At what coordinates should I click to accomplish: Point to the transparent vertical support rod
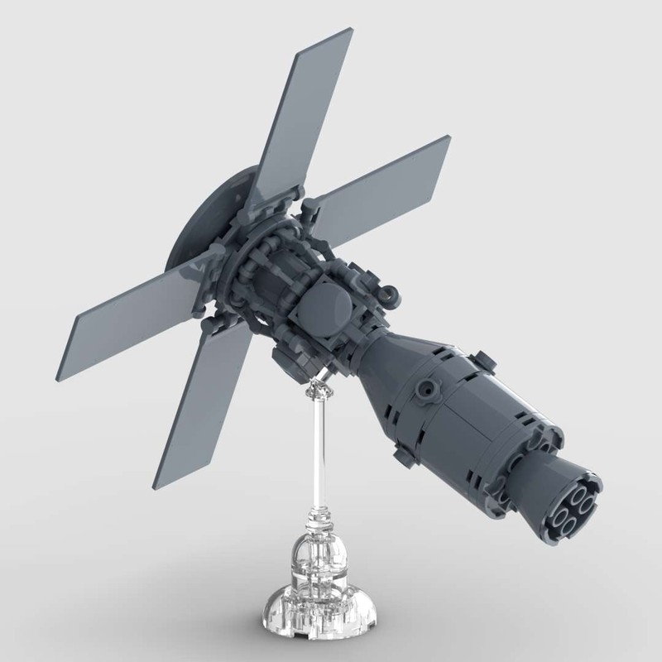coord(317,447)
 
